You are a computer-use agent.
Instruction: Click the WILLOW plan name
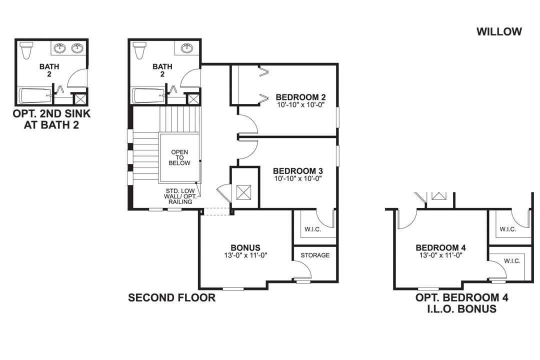[x=499, y=31]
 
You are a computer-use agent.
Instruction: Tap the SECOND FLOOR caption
[x=171, y=298]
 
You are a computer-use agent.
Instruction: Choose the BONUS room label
[x=245, y=247]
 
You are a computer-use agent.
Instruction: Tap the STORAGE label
[x=315, y=255]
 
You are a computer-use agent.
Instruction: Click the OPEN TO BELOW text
[x=180, y=157]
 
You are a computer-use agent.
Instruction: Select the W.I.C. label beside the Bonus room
[x=313, y=229]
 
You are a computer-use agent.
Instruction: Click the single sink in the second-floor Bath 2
[x=187, y=48]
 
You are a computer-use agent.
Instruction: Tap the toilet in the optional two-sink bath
[x=26, y=50]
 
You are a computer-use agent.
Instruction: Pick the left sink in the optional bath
[x=61, y=48]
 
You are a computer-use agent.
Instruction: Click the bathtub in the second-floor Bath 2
[x=149, y=95]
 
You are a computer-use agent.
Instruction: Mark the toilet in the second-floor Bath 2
[x=140, y=50]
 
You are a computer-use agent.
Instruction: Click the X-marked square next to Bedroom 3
[x=244, y=192]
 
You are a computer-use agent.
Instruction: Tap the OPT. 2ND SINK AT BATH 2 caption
[x=51, y=119]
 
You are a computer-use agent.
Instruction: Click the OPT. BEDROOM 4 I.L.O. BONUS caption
[x=462, y=303]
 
